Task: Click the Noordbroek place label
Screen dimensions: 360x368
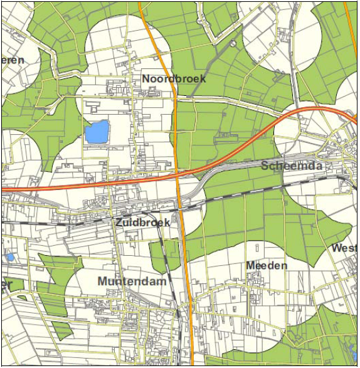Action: (x=174, y=79)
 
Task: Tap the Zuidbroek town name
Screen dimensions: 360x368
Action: (x=142, y=223)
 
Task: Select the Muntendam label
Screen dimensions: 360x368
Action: (x=132, y=281)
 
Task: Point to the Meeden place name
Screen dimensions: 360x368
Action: (x=267, y=266)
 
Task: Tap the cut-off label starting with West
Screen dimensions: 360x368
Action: (x=344, y=248)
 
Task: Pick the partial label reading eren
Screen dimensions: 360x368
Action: (x=13, y=60)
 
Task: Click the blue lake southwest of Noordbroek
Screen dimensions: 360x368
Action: (x=97, y=132)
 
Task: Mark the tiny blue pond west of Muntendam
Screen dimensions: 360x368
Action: (x=9, y=257)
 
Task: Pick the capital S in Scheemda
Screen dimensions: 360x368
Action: (x=265, y=166)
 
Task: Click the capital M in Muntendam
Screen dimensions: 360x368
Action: (x=103, y=281)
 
